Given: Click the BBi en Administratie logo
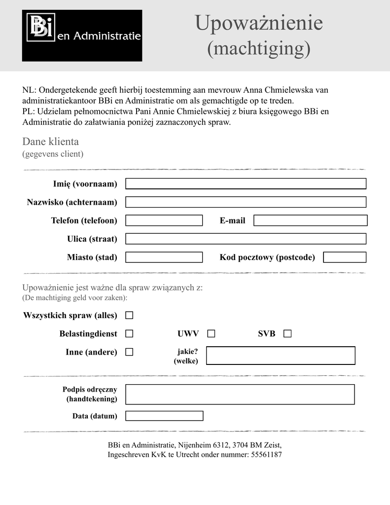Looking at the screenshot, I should pos(82,36).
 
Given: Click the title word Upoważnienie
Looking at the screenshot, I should pos(258,23).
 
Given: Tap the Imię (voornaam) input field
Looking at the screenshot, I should pos(246,184).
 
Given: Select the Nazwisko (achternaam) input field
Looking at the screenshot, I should pos(246,202).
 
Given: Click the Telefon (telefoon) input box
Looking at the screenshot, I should pos(164,220).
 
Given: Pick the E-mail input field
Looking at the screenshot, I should pos(310,220).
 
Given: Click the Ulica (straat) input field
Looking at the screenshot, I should pos(246,239).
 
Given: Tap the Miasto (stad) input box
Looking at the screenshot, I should pos(164,257).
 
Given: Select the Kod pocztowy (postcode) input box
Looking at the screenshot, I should pos(345,257).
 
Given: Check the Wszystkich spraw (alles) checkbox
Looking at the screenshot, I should pos(129,315).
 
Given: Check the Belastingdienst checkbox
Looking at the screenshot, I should pos(129,334).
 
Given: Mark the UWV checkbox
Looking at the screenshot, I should pos(211,334).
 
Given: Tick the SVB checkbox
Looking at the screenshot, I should pos(287,334).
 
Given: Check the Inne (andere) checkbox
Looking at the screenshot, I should pos(129,352).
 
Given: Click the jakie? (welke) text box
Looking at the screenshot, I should pos(280,356).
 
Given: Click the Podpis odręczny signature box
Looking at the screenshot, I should pos(240,394).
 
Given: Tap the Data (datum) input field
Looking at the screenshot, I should pos(164,416).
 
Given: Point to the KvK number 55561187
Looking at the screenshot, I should pos(266,455).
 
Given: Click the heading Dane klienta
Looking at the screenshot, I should pos(50,142).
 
